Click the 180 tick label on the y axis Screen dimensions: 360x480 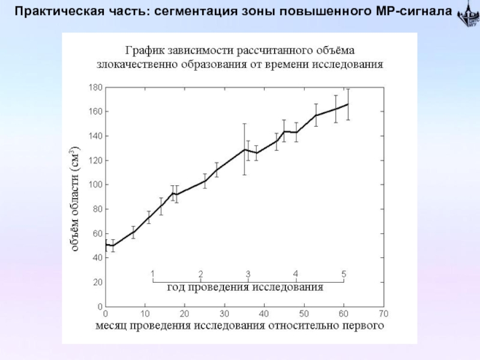pyautogui.click(x=95, y=88)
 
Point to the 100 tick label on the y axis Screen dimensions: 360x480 pyautogui.click(x=95, y=185)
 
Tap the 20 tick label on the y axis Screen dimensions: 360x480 pyautogui.click(x=97, y=282)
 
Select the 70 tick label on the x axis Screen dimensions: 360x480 pyautogui.click(x=383, y=313)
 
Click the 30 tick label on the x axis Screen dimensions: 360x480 pyautogui.click(x=224, y=313)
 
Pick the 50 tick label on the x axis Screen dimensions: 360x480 pyautogui.click(x=304, y=313)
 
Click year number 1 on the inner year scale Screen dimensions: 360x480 pyautogui.click(x=153, y=274)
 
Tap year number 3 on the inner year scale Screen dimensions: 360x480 pyautogui.click(x=248, y=274)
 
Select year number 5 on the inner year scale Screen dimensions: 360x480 pyautogui.click(x=344, y=274)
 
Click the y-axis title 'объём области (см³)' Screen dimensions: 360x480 pyautogui.click(x=76, y=198)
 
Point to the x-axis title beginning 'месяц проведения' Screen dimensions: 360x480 pyautogui.click(x=239, y=326)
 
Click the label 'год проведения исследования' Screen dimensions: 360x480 pyautogui.click(x=245, y=287)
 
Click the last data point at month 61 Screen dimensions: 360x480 pyautogui.click(x=347, y=104)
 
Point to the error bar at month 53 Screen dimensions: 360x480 pyautogui.click(x=316, y=115)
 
